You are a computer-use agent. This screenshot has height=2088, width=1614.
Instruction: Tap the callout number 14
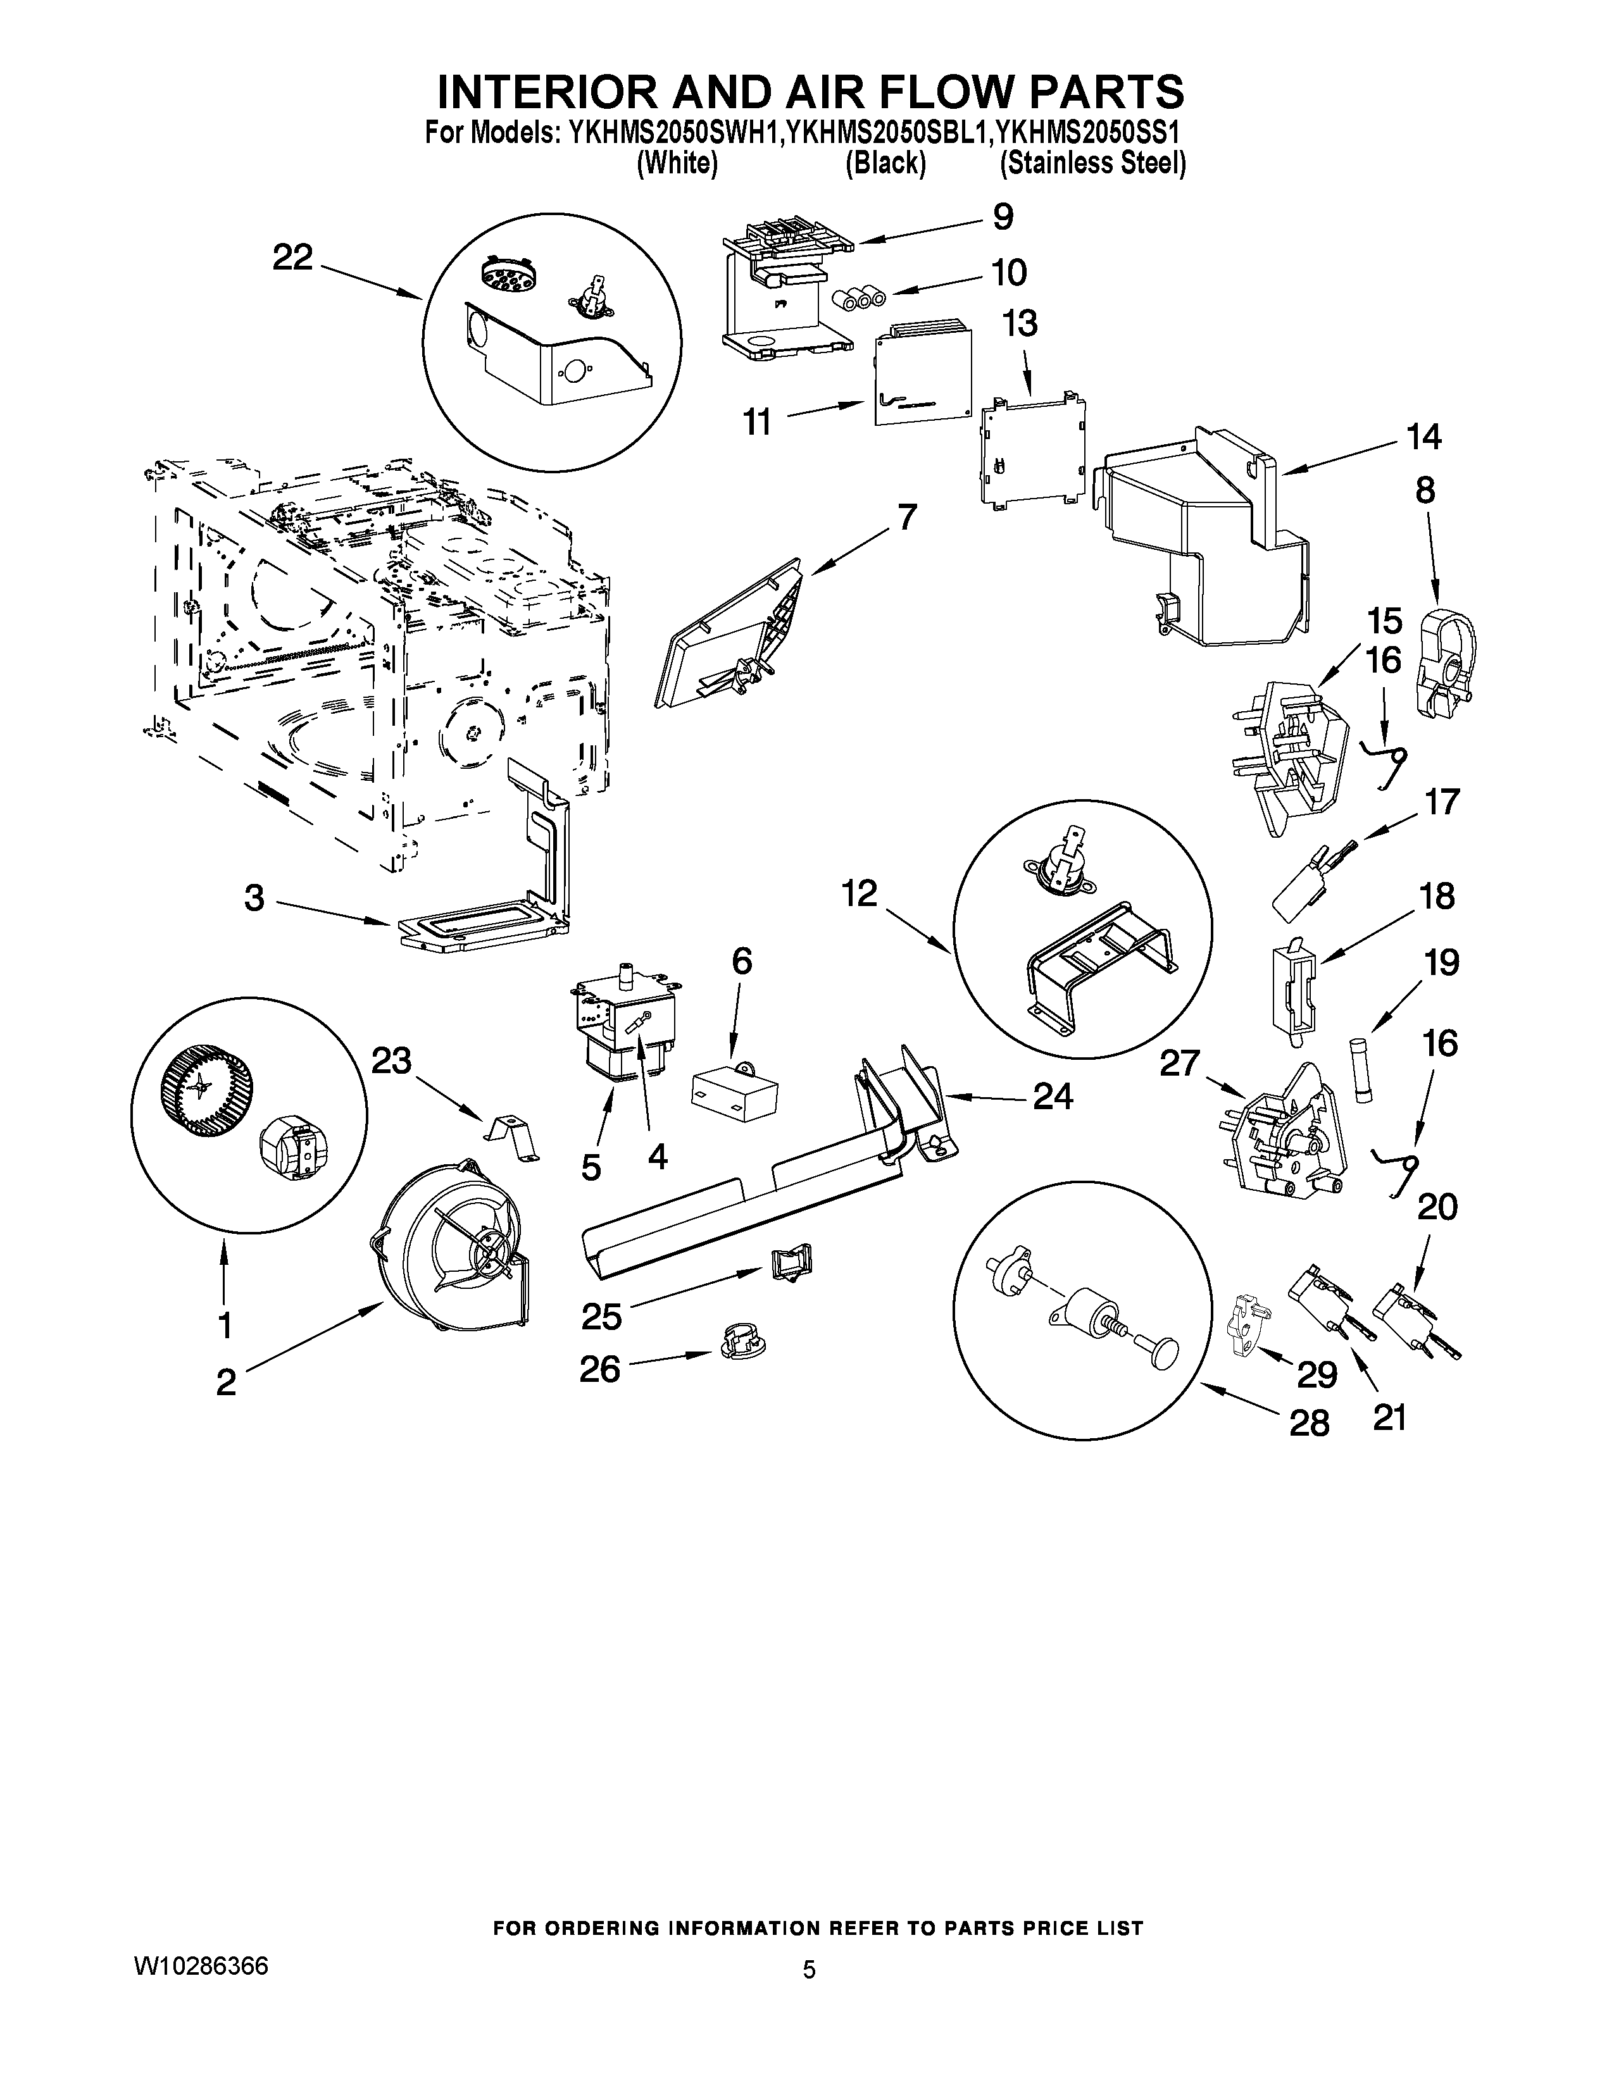tap(1423, 437)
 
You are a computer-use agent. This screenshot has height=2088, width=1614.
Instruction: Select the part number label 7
tap(906, 517)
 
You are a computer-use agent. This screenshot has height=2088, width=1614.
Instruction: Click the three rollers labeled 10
tap(858, 298)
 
